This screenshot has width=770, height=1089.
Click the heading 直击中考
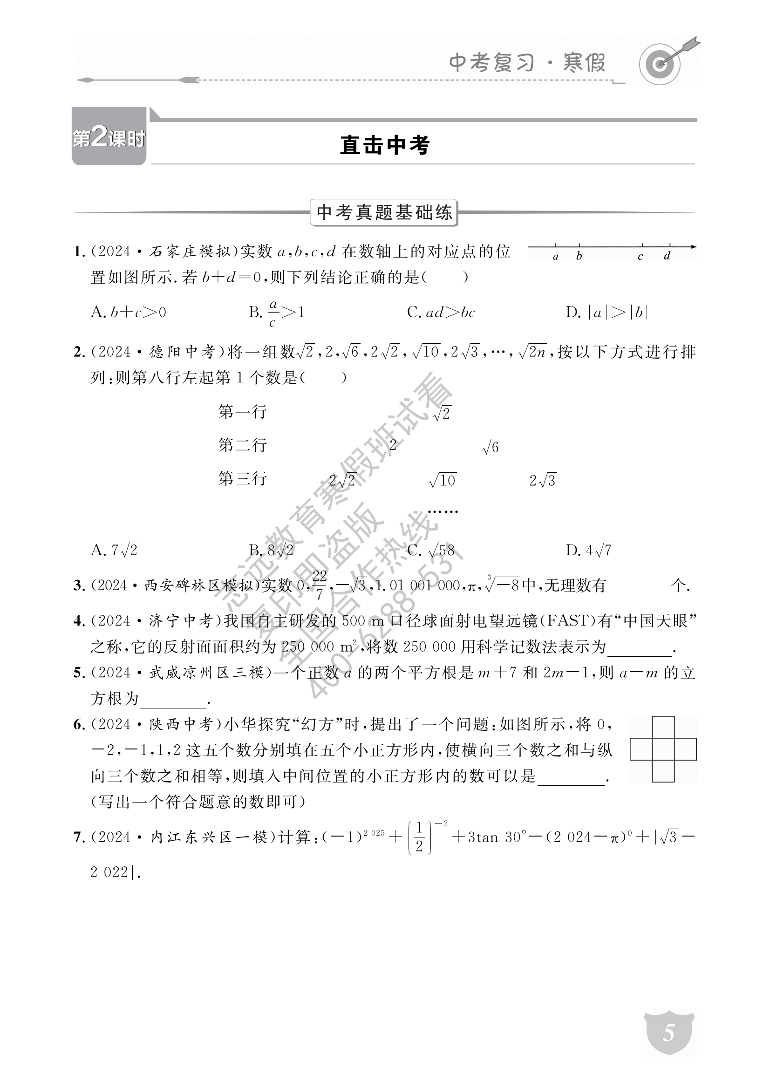click(x=385, y=145)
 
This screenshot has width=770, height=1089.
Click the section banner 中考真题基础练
click(x=384, y=212)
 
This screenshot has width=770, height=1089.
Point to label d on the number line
click(x=667, y=256)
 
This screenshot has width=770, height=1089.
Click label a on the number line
click(x=556, y=257)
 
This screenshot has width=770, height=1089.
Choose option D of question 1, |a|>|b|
click(x=607, y=313)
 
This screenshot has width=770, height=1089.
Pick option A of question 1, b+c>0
click(x=129, y=313)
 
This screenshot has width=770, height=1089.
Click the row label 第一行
click(x=242, y=412)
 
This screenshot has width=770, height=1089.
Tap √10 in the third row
click(x=442, y=481)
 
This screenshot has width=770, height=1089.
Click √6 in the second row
click(x=491, y=447)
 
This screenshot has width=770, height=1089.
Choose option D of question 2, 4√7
click(x=590, y=550)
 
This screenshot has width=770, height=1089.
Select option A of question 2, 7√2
click(x=115, y=550)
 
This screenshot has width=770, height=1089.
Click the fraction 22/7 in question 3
click(x=320, y=585)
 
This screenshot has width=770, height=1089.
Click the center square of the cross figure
click(x=663, y=749)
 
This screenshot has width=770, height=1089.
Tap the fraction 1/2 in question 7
click(x=419, y=837)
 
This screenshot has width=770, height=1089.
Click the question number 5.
click(x=79, y=673)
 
